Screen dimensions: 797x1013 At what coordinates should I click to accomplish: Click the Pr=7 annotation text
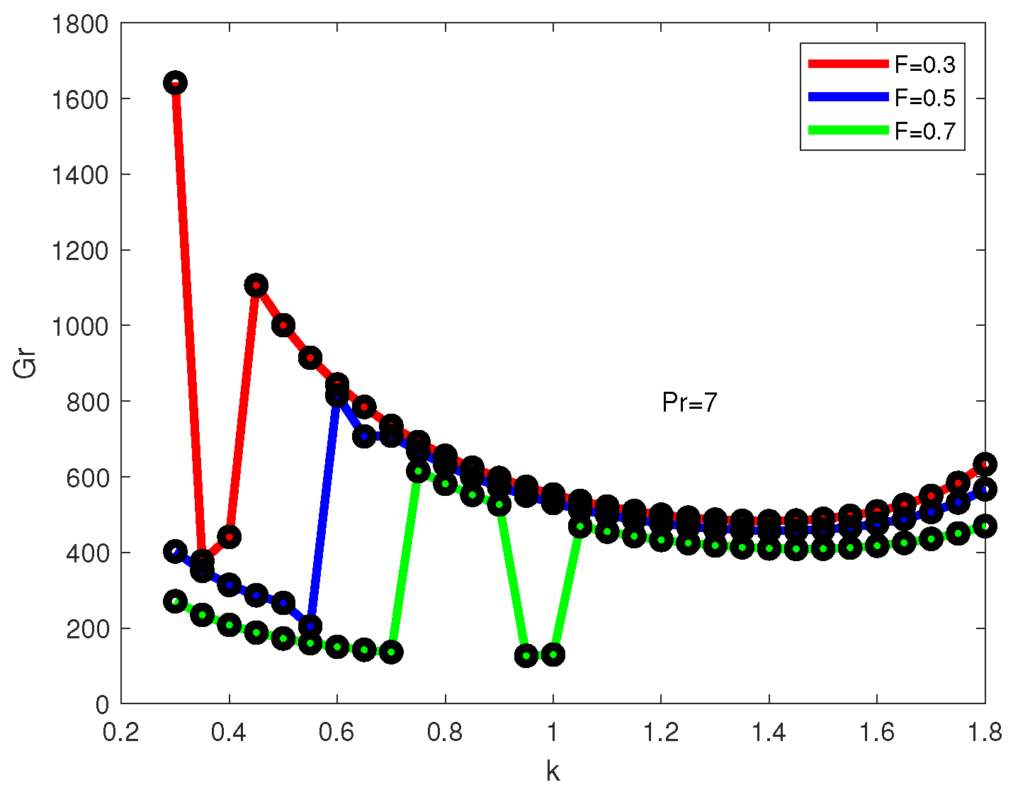tap(689, 403)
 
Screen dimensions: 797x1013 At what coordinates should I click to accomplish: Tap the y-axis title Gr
tap(26, 364)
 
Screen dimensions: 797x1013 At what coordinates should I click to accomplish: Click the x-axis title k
tap(553, 771)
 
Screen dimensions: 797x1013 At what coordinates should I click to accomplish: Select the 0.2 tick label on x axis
tap(121, 732)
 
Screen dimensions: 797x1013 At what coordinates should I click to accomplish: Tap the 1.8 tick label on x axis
tap(985, 732)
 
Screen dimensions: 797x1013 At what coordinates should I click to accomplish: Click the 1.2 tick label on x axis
tap(661, 732)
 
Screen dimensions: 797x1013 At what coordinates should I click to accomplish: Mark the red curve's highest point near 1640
tap(175, 83)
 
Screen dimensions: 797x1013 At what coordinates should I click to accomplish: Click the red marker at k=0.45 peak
tap(256, 286)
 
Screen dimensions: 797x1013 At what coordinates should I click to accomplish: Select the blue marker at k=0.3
tap(175, 551)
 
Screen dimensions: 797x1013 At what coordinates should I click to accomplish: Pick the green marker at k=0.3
tap(175, 601)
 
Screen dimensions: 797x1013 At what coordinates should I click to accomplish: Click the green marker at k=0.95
tap(526, 655)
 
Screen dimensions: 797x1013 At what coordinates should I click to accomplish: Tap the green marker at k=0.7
tap(391, 652)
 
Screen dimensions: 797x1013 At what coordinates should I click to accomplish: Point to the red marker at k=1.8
tap(985, 465)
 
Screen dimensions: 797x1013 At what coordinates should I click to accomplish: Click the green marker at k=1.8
tap(985, 526)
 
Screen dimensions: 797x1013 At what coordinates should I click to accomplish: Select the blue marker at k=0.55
tap(310, 626)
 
